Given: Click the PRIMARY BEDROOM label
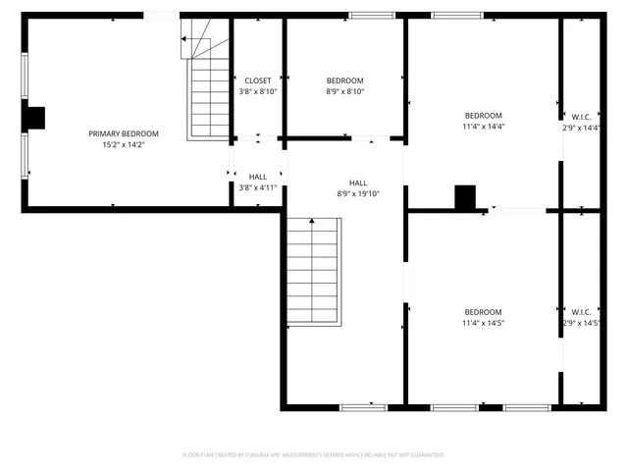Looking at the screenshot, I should (x=124, y=133).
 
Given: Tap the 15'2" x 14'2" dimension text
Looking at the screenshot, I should (x=124, y=144).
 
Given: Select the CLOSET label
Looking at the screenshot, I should (x=258, y=80).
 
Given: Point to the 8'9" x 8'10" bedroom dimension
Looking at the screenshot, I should (x=344, y=91).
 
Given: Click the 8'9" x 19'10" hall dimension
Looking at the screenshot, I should (x=358, y=193).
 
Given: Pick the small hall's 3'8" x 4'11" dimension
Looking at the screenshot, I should (x=258, y=187).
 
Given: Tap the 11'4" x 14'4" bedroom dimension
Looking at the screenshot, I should (x=483, y=127).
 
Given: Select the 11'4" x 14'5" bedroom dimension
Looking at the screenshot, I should (x=483, y=323).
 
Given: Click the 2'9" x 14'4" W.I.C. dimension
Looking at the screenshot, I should (x=581, y=128).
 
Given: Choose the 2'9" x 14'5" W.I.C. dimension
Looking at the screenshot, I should (x=581, y=323).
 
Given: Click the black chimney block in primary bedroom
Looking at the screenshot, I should (x=35, y=118).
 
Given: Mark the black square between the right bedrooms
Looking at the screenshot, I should (x=465, y=196).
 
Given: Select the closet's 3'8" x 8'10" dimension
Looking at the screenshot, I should (x=258, y=91).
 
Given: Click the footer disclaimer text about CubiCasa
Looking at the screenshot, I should (x=314, y=455).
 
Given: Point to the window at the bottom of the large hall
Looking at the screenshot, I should (x=363, y=406).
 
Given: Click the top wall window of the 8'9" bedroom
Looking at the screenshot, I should (x=366, y=15).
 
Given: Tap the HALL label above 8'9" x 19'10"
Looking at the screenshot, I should (x=358, y=183).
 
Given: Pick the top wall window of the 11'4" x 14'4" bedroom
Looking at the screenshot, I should (x=457, y=15).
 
